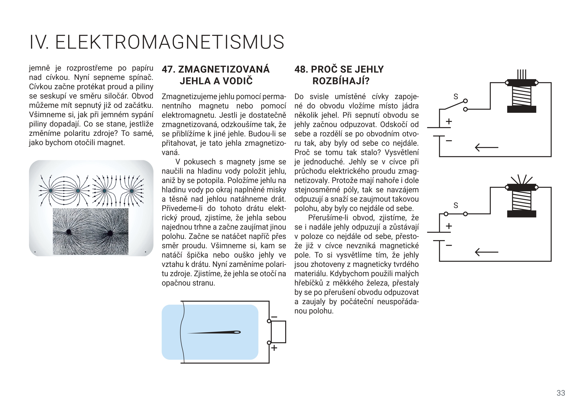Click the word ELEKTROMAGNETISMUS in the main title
(x=170, y=42)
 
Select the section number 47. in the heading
(x=169, y=69)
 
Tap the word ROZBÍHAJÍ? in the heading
(x=341, y=81)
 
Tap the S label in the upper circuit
(x=456, y=97)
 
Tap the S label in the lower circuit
(x=456, y=205)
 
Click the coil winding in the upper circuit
(x=522, y=96)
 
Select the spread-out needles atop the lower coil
(x=521, y=179)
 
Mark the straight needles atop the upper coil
(x=522, y=74)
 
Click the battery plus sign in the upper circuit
(x=449, y=122)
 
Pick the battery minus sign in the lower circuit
(x=449, y=245)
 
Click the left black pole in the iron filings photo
(x=68, y=232)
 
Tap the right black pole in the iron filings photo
(x=110, y=233)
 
